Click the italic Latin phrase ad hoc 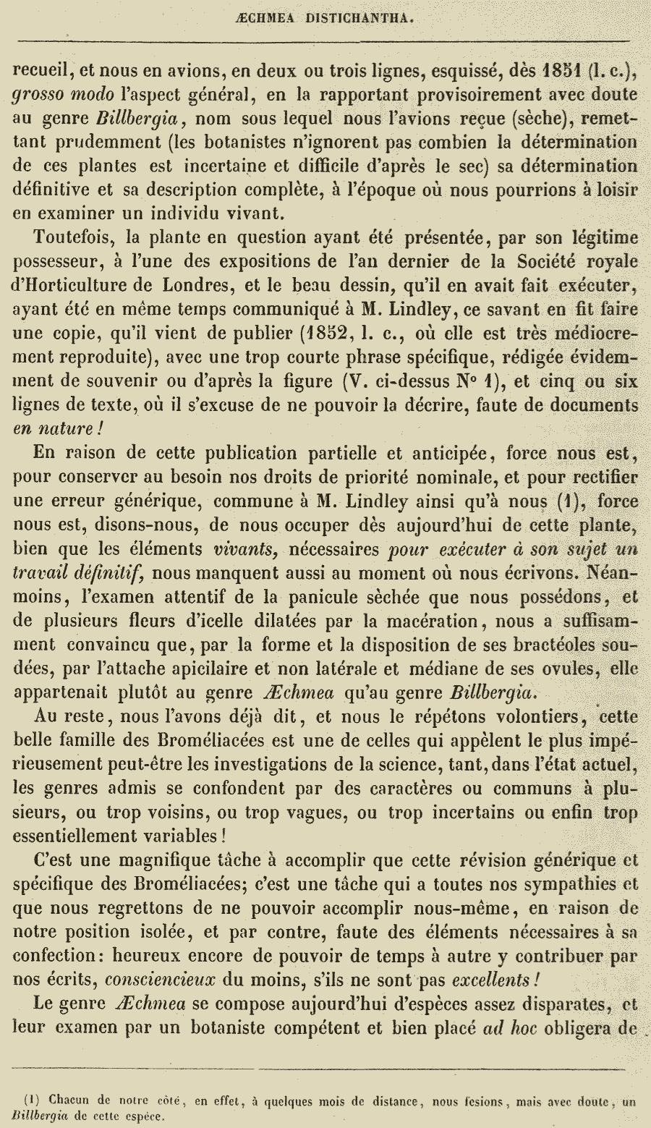[x=509, y=1026]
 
